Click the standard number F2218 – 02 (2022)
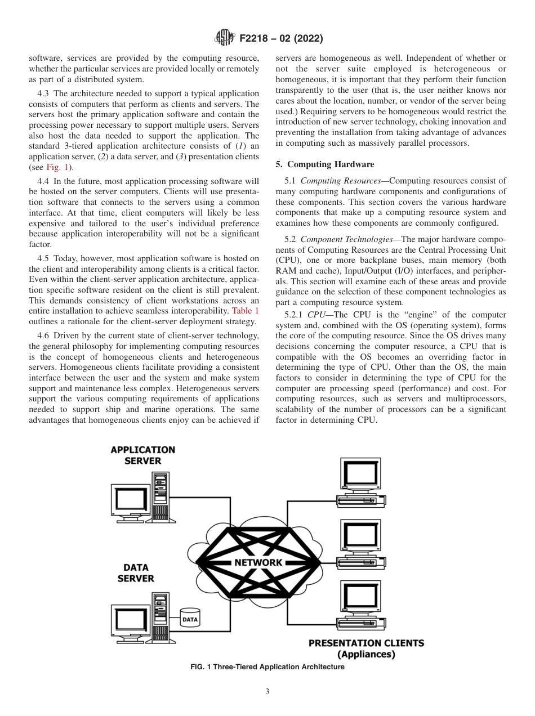280,39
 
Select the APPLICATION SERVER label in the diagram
142,455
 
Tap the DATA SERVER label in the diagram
136,573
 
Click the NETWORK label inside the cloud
258,562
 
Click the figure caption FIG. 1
267,667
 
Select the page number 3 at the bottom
267,692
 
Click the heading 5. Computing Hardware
324,164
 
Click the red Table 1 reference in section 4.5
245,311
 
